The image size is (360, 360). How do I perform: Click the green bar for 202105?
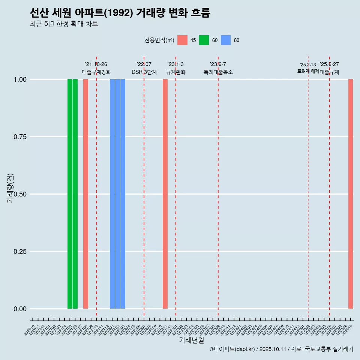[x=70, y=194]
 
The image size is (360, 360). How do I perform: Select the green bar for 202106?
[x=75, y=194]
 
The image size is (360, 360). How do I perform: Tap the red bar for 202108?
[x=85, y=194]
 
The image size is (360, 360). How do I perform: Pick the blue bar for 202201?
[x=112, y=194]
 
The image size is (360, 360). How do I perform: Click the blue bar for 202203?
[x=123, y=194]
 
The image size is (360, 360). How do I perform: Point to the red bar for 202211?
[x=165, y=194]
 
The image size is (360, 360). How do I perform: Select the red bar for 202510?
[x=351, y=194]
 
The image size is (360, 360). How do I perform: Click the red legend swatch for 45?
[x=182, y=40]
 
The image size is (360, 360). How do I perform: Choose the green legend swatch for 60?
[x=204, y=40]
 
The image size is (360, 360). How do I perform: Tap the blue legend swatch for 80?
[x=226, y=40]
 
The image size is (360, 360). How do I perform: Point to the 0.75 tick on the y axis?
[x=19, y=137]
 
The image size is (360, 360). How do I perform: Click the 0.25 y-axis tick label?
[x=19, y=252]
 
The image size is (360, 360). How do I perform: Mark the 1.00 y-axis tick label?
[x=19, y=79]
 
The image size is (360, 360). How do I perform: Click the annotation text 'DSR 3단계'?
[x=144, y=72]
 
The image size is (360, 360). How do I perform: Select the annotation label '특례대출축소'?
[x=218, y=72]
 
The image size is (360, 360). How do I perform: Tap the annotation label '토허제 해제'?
[x=308, y=71]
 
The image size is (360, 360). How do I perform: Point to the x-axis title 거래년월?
[x=192, y=340]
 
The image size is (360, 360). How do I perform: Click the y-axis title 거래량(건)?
[x=10, y=188]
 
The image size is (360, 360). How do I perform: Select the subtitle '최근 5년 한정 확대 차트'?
[x=64, y=24]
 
